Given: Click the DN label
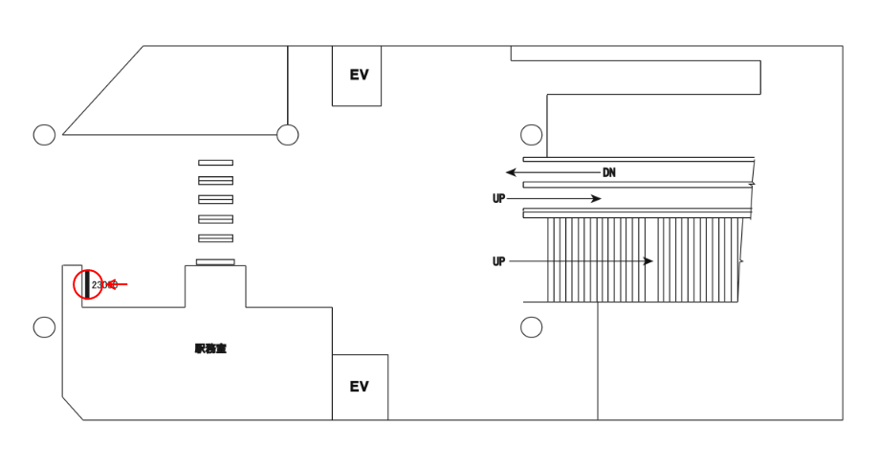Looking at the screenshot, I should tap(609, 173).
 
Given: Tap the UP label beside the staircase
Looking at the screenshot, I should tap(498, 261).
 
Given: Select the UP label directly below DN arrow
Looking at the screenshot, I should tap(498, 199).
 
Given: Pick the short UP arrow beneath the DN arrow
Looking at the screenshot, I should tap(554, 199).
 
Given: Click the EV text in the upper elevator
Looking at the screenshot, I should tap(359, 75).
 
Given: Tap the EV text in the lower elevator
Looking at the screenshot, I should tap(359, 387).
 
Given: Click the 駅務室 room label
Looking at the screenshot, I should tap(210, 349).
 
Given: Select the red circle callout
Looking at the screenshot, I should tap(87, 284).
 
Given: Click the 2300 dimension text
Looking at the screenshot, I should tap(100, 284).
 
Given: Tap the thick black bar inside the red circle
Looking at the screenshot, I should tap(86, 284).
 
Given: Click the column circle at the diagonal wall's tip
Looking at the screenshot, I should tap(44, 135).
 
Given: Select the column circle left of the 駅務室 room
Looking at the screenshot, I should tap(44, 327).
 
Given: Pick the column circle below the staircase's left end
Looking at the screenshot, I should tap(532, 327).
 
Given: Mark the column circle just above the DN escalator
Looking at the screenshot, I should tap(532, 135).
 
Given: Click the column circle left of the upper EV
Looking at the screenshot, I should tap(288, 135).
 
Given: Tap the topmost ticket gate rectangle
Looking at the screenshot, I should tap(215, 163).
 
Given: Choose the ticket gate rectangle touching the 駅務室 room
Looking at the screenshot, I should tap(215, 262).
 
